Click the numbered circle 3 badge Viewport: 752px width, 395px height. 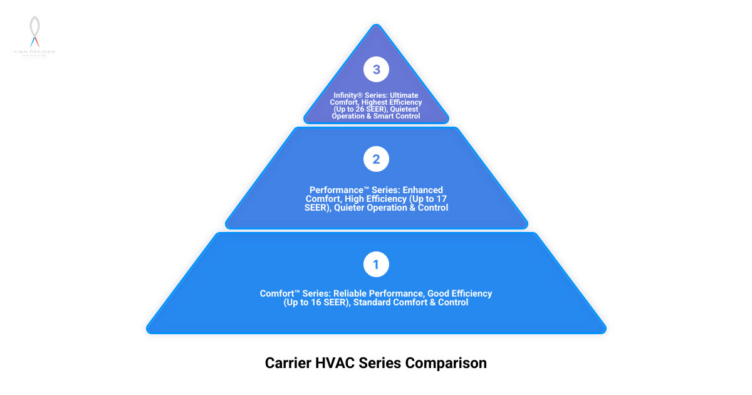376,70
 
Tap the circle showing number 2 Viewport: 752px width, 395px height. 376,159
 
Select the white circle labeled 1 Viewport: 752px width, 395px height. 376,265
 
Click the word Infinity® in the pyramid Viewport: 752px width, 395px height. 348,95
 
